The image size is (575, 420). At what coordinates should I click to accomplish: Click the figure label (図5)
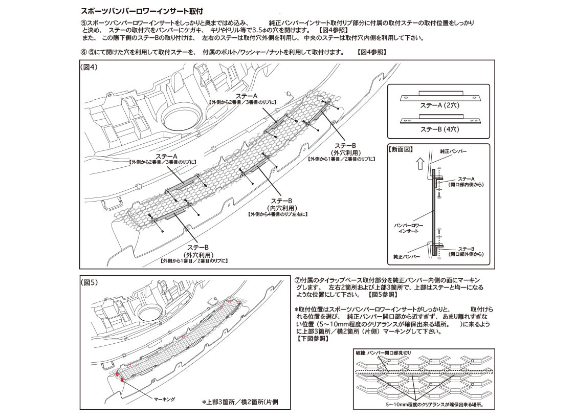(x=90, y=282)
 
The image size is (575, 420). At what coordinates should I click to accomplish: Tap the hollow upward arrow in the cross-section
(x=421, y=163)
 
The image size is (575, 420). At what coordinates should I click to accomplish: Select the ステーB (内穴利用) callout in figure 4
(x=281, y=204)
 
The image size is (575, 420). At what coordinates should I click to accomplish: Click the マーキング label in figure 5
(x=164, y=399)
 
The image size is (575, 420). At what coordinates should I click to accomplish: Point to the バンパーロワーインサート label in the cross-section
(x=409, y=228)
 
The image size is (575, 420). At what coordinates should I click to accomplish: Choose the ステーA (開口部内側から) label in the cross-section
(x=466, y=182)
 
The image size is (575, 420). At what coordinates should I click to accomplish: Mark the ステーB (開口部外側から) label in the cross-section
(x=466, y=251)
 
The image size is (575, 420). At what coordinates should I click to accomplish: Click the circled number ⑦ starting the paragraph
(x=298, y=280)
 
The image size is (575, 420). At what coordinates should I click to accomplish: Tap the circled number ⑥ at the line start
(x=83, y=52)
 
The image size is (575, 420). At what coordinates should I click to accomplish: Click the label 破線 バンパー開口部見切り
(x=384, y=353)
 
